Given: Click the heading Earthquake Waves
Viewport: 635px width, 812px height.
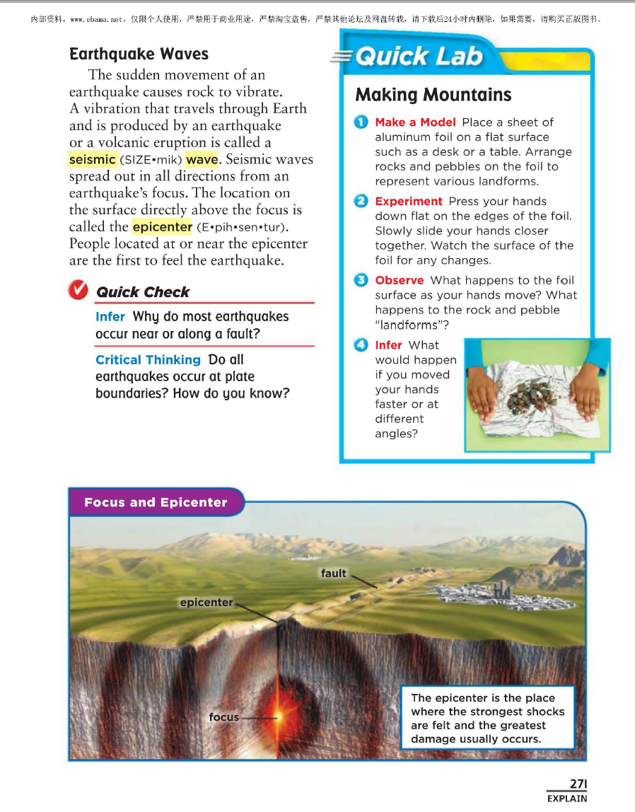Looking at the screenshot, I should [139, 54].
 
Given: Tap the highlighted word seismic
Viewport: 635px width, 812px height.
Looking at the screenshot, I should [92, 159].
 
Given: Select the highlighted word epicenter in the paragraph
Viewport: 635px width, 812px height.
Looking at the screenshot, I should [162, 227].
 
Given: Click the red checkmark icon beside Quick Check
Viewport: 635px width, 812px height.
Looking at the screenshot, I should [78, 290].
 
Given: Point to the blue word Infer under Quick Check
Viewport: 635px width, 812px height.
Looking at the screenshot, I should [110, 316].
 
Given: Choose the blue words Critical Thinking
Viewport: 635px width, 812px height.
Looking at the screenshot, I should [148, 359].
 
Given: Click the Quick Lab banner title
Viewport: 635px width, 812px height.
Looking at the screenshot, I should [419, 56].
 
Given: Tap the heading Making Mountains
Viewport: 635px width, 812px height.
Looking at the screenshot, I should [433, 95].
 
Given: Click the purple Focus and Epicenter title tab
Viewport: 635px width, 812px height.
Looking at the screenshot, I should [156, 503].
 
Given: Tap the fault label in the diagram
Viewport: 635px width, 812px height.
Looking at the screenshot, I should [333, 573].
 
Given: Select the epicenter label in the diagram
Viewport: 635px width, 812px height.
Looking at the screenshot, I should [206, 603].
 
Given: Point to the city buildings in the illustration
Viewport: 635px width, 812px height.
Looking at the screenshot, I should [473, 593].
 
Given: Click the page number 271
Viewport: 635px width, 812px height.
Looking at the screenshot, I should [578, 784].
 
